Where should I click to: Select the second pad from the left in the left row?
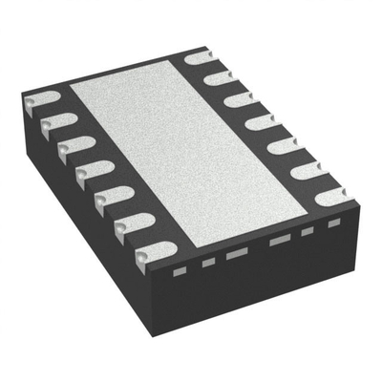[x=57, y=122]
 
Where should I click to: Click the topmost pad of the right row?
[x=195, y=58]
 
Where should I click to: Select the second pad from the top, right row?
[x=218, y=75]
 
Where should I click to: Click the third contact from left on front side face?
[x=237, y=252]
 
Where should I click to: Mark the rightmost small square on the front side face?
[x=333, y=223]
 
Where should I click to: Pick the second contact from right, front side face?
[x=308, y=231]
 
